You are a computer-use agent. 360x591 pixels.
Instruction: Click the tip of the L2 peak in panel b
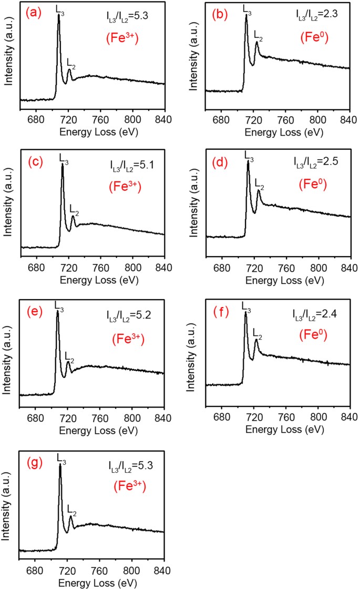tap(256, 43)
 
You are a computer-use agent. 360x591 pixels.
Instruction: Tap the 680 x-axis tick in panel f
tap(222, 406)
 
